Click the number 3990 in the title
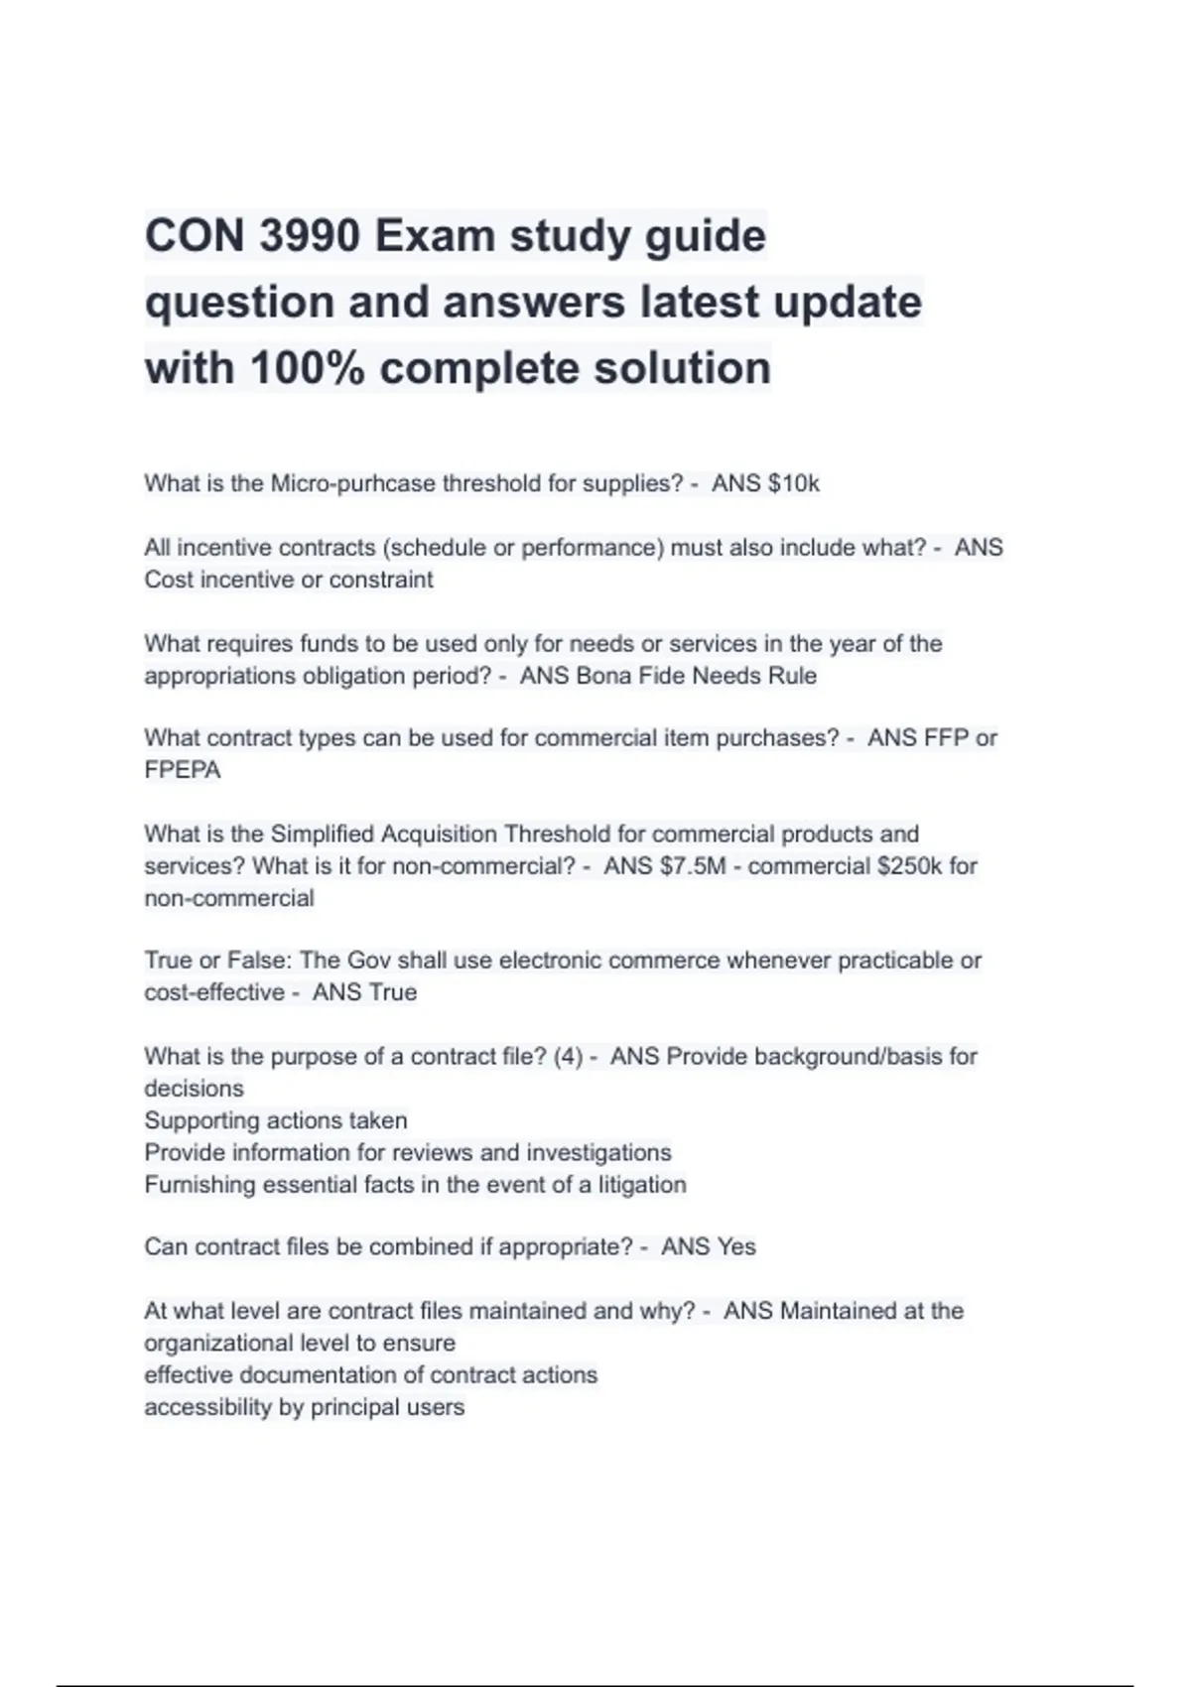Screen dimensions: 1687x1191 coord(309,236)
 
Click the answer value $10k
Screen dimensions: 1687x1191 coord(793,483)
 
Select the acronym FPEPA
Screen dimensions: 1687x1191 coord(183,770)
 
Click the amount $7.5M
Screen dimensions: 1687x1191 coord(693,866)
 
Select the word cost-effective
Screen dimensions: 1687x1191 coord(213,992)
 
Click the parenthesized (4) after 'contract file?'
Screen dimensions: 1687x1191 coord(568,1057)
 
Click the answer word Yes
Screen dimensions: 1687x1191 coord(735,1247)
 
